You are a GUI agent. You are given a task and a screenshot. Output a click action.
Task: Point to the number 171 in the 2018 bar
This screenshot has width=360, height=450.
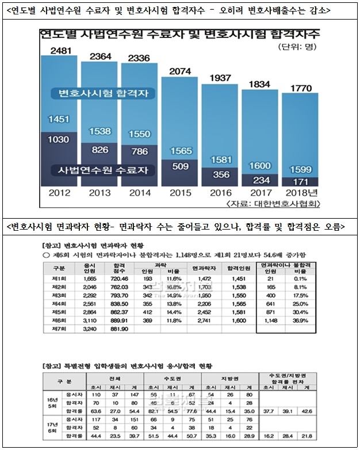click(300, 181)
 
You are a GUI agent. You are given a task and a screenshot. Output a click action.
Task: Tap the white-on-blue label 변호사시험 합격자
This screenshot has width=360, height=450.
click(98, 93)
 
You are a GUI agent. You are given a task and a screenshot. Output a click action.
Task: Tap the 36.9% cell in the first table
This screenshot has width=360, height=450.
click(300, 319)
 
